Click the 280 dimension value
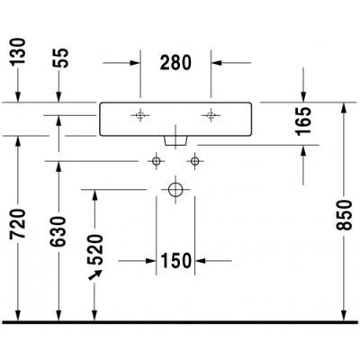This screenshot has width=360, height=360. (175, 62)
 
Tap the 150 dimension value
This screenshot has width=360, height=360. (176, 260)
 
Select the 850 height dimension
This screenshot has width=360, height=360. (344, 215)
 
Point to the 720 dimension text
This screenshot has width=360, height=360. (18, 224)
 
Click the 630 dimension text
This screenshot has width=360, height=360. (58, 231)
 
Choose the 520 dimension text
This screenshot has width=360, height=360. (94, 249)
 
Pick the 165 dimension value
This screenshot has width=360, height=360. (303, 121)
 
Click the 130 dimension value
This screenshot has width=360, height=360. (18, 51)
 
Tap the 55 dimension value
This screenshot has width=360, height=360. (60, 58)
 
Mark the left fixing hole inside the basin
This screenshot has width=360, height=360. (139, 115)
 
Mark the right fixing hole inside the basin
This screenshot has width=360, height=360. (211, 115)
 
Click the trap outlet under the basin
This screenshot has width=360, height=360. (175, 141)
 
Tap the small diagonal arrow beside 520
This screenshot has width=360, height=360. (95, 274)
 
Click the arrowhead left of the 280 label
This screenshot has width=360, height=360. (135, 63)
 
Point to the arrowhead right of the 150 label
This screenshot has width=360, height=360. (200, 261)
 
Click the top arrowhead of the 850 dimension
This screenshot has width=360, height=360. (345, 107)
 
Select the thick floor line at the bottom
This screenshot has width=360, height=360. (180, 322)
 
